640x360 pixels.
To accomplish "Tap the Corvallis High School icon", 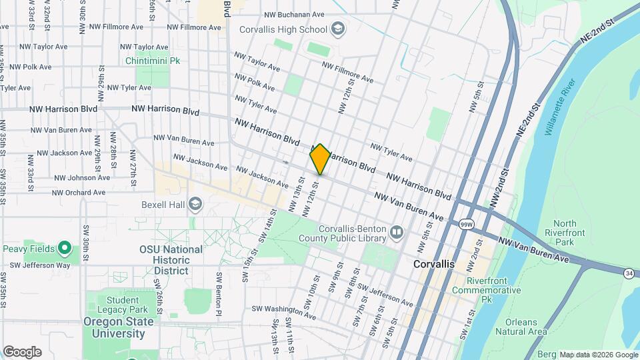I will [x=338, y=29].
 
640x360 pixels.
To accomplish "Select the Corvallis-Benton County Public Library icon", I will [x=397, y=232].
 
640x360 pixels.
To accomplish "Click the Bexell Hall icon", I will [x=195, y=204].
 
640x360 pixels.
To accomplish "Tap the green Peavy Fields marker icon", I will [x=65, y=249].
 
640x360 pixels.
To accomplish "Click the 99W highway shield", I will [x=466, y=225].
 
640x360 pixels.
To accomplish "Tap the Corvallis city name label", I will [x=433, y=264].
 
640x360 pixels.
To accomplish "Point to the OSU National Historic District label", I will [x=171, y=260].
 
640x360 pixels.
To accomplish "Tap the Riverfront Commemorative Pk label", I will [x=485, y=285].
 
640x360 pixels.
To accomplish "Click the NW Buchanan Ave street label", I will [x=294, y=14].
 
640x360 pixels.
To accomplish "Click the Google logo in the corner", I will [x=22, y=351].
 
